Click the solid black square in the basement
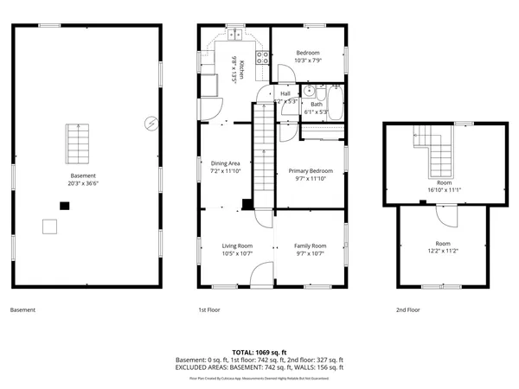(63, 206)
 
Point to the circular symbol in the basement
(152, 123)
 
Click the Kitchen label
(238, 67)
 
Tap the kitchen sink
(234, 35)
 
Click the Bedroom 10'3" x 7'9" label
(307, 56)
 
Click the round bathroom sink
(308, 90)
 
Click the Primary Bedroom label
(310, 175)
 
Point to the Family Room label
(310, 249)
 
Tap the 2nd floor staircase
(437, 150)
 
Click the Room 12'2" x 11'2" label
(442, 247)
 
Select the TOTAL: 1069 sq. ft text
(259, 352)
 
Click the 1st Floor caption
(209, 309)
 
